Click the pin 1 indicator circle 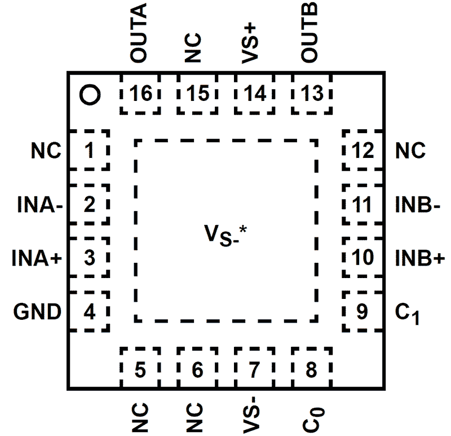tap(90, 95)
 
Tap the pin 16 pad tap(140, 94)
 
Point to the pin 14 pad tap(254, 94)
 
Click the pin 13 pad tap(311, 94)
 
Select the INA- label tap(37, 205)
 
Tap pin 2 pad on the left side tap(88, 205)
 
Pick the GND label tap(38, 311)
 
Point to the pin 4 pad tap(88, 311)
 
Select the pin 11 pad tap(362, 205)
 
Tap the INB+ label tap(418, 258)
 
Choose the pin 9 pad tap(362, 311)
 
